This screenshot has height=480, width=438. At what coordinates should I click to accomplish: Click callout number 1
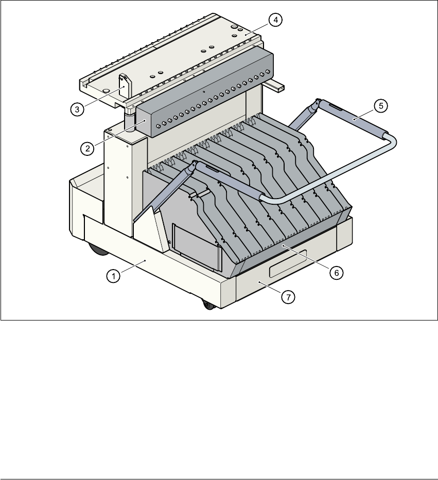(x=111, y=276)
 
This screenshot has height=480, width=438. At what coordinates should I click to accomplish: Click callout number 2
(x=87, y=148)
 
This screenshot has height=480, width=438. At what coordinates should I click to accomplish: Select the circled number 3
(x=77, y=109)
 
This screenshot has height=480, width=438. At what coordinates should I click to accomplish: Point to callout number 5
(x=381, y=106)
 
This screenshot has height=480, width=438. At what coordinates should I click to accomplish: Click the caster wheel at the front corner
(x=208, y=305)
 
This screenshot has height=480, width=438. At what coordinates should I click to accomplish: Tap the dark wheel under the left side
(x=96, y=251)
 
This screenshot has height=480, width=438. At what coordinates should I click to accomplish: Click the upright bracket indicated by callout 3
(x=124, y=86)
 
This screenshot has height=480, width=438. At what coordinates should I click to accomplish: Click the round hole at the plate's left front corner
(x=106, y=90)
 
